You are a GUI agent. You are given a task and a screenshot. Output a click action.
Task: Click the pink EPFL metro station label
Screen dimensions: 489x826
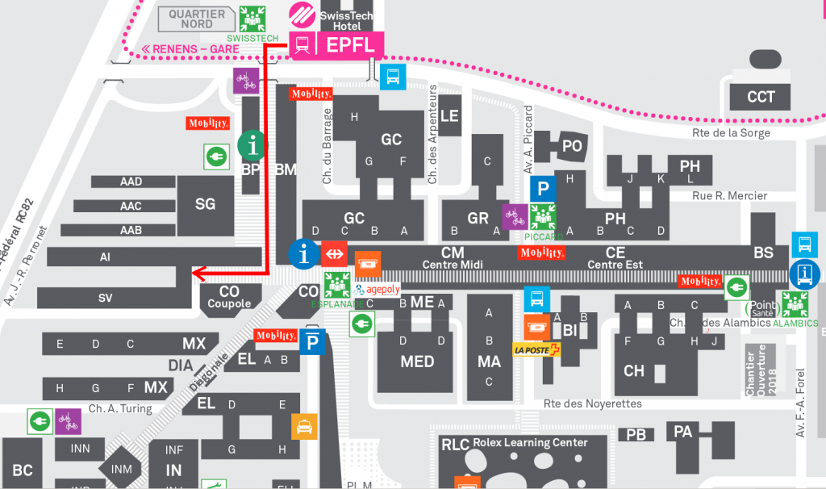click(350, 45)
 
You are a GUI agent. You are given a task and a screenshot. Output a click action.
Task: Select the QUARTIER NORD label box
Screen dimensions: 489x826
click(197, 18)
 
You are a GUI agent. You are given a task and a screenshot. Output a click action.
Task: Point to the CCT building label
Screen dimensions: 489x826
click(761, 97)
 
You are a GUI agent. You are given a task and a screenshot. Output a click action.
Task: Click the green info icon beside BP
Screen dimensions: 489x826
click(253, 145)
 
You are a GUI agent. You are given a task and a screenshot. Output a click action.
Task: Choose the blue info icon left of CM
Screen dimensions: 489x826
click(303, 254)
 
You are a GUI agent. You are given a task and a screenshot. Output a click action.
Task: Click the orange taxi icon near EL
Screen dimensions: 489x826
click(305, 425)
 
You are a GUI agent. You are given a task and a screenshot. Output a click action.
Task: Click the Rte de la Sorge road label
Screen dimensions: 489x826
click(732, 133)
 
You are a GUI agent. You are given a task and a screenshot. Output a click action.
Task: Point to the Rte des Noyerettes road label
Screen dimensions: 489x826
click(593, 403)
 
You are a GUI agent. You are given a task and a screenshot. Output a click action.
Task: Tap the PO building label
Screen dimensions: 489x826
click(572, 145)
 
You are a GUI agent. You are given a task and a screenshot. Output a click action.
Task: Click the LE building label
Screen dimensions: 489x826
click(449, 115)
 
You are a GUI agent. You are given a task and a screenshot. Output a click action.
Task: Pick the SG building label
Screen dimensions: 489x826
click(205, 204)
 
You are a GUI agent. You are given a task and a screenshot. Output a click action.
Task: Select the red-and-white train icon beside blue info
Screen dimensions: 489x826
click(333, 254)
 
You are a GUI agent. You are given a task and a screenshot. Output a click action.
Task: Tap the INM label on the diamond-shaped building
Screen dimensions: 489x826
click(121, 469)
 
